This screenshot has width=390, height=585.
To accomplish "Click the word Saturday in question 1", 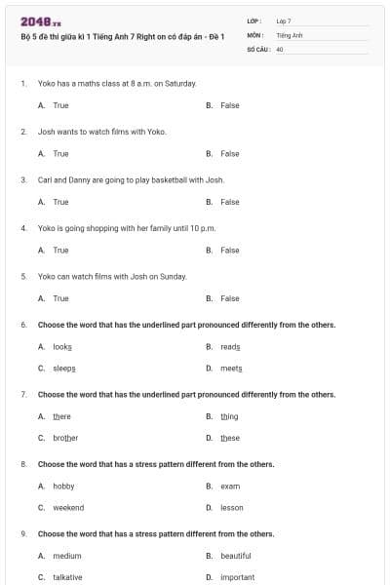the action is (180, 84).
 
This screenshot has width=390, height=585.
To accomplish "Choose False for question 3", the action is (229, 202).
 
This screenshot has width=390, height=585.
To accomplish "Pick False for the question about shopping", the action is (229, 251).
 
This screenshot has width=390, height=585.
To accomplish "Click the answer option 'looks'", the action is (62, 347).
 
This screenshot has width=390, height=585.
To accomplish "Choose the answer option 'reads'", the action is (230, 347).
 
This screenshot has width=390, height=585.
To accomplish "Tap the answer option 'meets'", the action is (231, 369).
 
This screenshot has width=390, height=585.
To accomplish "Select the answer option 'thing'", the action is (229, 416).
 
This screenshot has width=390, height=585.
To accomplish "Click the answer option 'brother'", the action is (65, 438).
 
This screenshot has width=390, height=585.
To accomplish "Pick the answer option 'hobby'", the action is (63, 486).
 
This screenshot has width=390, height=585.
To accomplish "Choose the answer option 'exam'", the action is (230, 486).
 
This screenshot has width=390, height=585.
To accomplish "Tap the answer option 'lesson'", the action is (232, 508).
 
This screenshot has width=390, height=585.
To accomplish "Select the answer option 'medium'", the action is (67, 556).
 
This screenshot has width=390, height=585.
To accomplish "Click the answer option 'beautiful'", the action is (236, 556).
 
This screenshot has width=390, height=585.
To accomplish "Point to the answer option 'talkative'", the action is (68, 577).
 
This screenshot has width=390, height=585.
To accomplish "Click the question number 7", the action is (23, 395).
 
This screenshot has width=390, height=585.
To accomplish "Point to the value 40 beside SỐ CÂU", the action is (280, 48).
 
